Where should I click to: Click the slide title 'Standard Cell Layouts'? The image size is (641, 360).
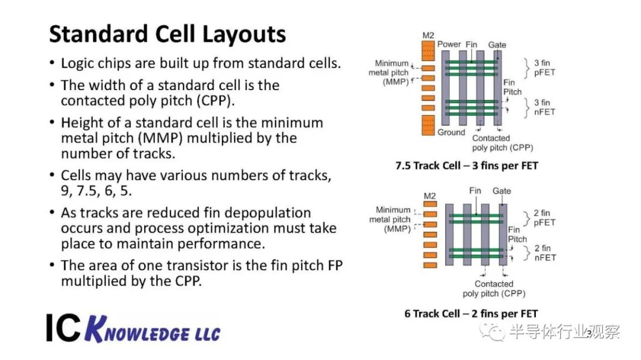[x=167, y=34]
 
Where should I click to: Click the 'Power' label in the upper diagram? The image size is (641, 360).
[x=449, y=44]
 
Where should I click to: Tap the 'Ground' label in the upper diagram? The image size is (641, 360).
[x=451, y=132]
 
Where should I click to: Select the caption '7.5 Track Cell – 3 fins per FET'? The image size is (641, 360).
[x=467, y=165]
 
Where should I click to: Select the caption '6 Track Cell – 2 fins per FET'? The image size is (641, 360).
[x=471, y=313]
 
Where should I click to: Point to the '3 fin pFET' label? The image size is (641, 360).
[x=544, y=68]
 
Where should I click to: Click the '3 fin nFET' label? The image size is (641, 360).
[x=544, y=107]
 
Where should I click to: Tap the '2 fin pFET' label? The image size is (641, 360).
[x=544, y=218]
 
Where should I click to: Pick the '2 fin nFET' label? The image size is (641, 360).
[x=545, y=253]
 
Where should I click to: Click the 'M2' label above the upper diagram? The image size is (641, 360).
[x=428, y=36]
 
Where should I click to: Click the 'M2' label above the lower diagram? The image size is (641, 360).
[x=430, y=196]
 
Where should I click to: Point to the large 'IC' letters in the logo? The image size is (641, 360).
[x=64, y=328]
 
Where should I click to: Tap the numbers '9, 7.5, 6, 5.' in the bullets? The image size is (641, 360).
[x=97, y=191]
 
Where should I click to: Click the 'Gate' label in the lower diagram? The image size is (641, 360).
[x=502, y=191]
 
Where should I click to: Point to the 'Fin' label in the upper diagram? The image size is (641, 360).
[x=471, y=44]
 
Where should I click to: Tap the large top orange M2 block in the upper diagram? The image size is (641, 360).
[x=428, y=50]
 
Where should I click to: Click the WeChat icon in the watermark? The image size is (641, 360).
[x=492, y=332]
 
